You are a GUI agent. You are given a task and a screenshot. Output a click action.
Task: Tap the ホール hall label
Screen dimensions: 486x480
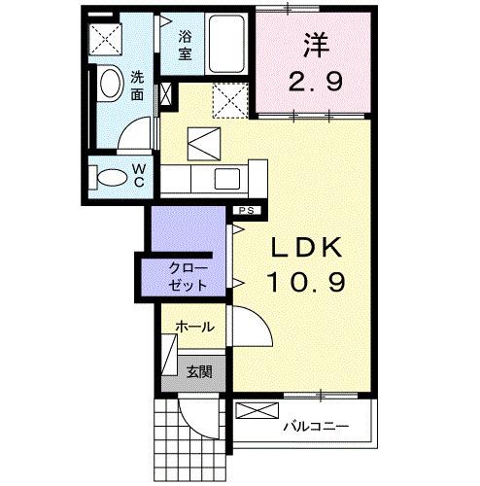194,329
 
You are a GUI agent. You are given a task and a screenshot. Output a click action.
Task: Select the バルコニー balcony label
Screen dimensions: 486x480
312,425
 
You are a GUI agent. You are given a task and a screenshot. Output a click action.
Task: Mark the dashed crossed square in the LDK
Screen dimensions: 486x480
230,99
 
